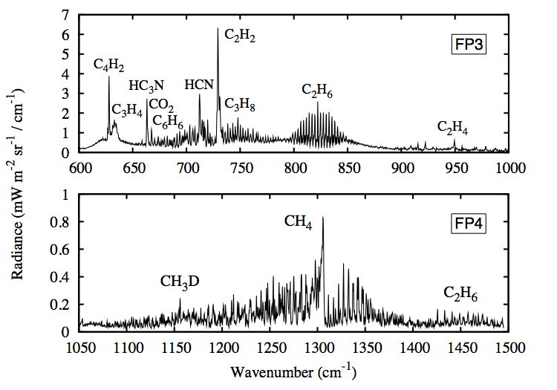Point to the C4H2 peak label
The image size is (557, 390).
click(x=108, y=65)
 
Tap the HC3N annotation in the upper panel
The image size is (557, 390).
click(x=146, y=85)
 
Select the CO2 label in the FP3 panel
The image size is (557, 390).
click(x=161, y=106)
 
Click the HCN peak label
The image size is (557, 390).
click(x=198, y=84)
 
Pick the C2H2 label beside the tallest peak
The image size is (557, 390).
click(x=239, y=34)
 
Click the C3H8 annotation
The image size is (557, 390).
click(x=240, y=104)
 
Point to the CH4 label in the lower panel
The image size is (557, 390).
click(x=298, y=221)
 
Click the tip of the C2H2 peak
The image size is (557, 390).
click(x=218, y=28)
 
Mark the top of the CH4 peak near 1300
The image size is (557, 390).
click(x=322, y=217)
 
